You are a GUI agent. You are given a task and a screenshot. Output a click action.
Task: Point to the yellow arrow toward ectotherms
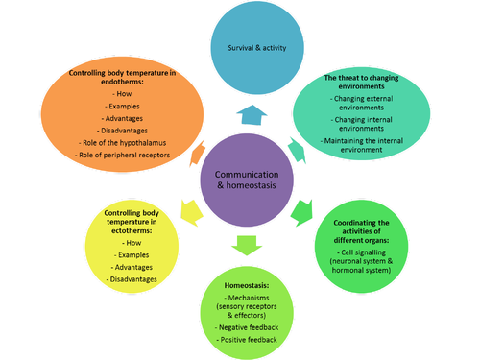click(188, 207)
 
